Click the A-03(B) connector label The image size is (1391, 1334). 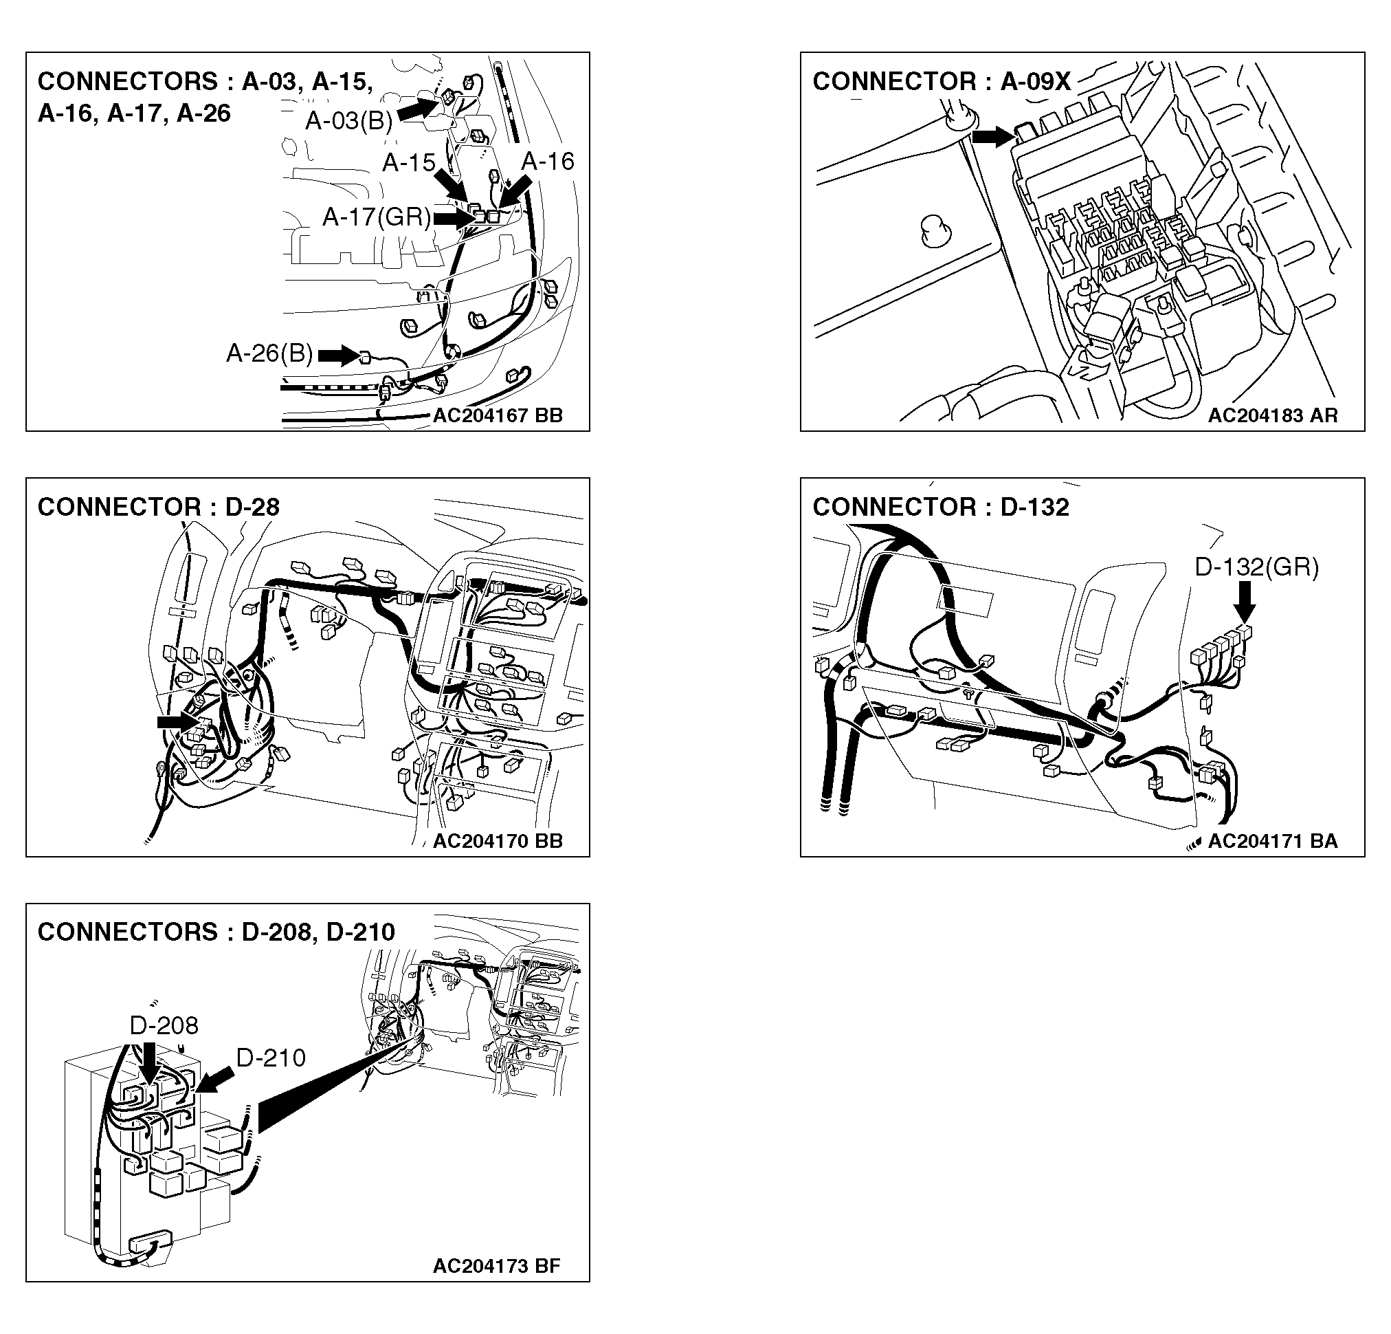tap(348, 122)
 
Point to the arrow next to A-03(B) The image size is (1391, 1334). tap(418, 109)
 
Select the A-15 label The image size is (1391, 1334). tap(408, 162)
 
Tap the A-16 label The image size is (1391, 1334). tap(547, 161)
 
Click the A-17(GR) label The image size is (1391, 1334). tap(376, 217)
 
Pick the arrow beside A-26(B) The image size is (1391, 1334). tap(339, 355)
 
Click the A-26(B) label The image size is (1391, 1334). tap(269, 353)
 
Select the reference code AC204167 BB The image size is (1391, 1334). tap(498, 415)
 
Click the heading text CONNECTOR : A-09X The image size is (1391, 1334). tap(941, 82)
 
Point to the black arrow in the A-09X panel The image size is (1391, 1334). tap(994, 136)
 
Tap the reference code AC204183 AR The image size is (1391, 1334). tap(1273, 415)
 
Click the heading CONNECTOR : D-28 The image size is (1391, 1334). tap(158, 507)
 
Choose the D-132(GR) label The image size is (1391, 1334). tap(1256, 567)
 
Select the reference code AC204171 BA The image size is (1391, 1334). tap(1273, 841)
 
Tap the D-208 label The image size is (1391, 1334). tap(164, 1025)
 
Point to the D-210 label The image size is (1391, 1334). tap(270, 1058)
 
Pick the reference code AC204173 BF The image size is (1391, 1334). tap(496, 1266)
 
